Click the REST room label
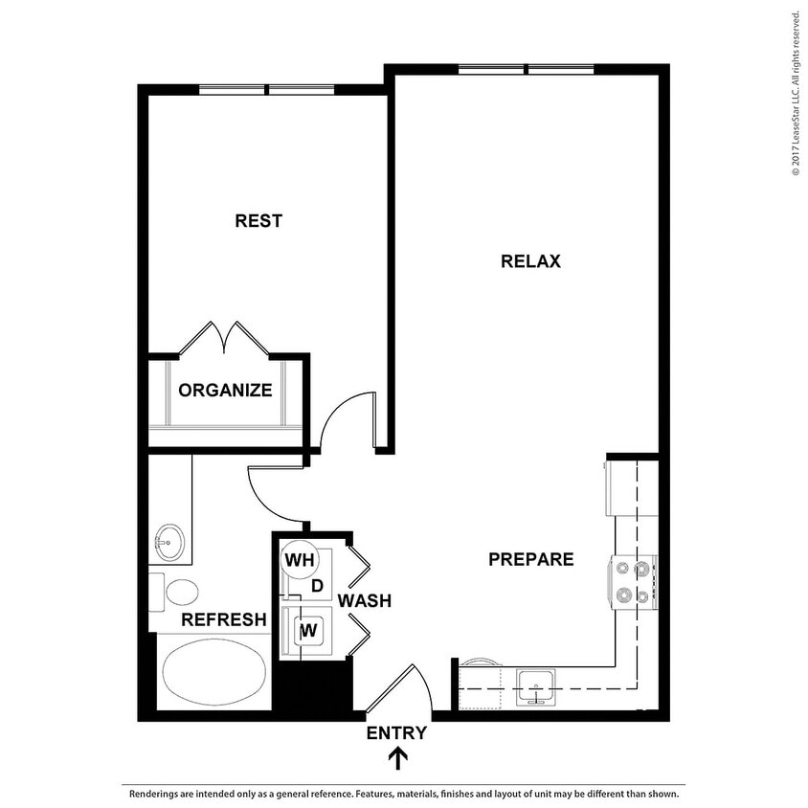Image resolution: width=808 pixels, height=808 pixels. pyautogui.click(x=258, y=221)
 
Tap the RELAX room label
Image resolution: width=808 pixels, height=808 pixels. pyautogui.click(x=530, y=261)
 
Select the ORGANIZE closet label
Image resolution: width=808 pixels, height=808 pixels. pyautogui.click(x=226, y=391)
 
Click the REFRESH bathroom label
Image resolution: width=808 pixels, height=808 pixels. pyautogui.click(x=224, y=620)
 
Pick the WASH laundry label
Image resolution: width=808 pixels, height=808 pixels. pyautogui.click(x=364, y=601)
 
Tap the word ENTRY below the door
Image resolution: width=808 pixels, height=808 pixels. pyautogui.click(x=396, y=734)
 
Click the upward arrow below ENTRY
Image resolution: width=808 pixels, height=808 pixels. pyautogui.click(x=397, y=758)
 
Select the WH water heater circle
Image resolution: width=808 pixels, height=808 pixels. pyautogui.click(x=299, y=559)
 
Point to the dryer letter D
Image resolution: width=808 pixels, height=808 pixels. pyautogui.click(x=317, y=585)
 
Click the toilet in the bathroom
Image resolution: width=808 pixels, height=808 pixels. pyautogui.click(x=178, y=592)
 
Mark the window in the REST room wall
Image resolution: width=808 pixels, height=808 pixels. pyautogui.click(x=266, y=90)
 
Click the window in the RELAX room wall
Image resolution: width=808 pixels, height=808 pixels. pyautogui.click(x=527, y=69)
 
